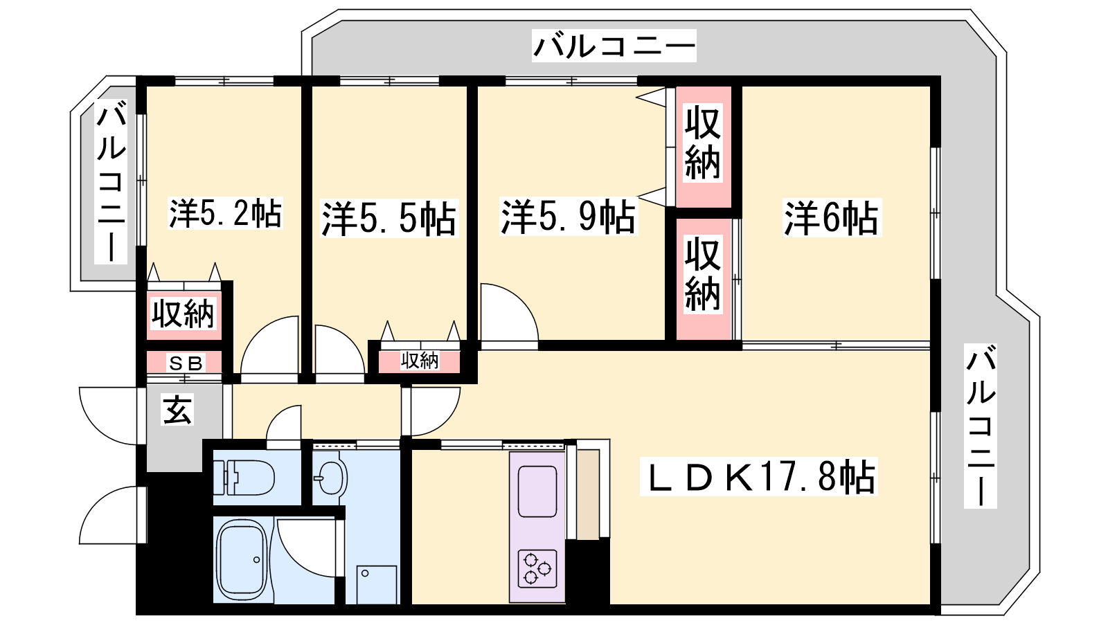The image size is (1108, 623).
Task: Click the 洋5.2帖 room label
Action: pos(226,213)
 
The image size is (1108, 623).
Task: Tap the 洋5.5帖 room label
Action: pos(388,219)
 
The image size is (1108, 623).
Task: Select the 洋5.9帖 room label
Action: pos(569,217)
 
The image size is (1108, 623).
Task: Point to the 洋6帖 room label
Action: pos(832,218)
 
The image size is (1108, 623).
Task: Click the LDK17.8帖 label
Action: pos(758,477)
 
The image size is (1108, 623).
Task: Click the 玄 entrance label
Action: pos(177,410)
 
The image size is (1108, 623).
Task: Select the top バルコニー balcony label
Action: pos(614,46)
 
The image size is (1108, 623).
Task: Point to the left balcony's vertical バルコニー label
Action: pos(111,181)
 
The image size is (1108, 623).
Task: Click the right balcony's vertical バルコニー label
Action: pos(980,426)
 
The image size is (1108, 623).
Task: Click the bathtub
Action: pos(244,561)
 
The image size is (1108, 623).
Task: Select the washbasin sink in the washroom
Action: pos(331,478)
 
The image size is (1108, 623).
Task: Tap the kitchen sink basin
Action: pos(537,491)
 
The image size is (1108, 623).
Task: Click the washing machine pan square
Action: pos(377,585)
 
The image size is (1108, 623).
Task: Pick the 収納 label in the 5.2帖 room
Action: pos(183,314)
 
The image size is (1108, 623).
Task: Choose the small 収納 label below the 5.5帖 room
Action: pos(420,361)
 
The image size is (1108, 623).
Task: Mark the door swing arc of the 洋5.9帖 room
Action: pos(509,312)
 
